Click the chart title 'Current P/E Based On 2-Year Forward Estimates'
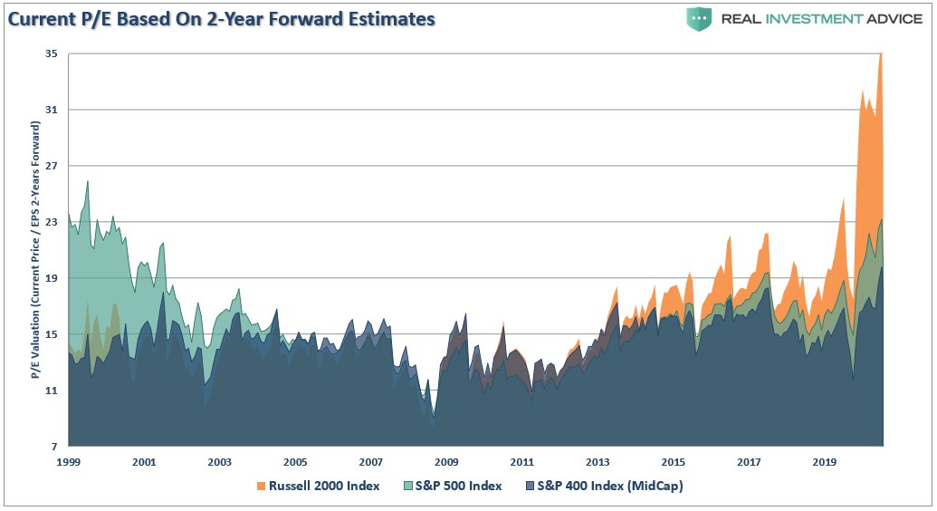(x=221, y=18)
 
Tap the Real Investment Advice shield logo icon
(x=699, y=19)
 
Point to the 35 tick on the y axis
(x=51, y=54)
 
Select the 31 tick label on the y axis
(x=51, y=111)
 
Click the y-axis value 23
(x=51, y=222)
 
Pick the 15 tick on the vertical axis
(x=51, y=334)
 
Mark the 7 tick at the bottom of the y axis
(x=53, y=447)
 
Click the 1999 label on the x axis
(x=69, y=462)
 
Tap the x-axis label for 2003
(x=220, y=462)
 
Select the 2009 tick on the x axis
(x=446, y=462)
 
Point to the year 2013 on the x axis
(x=598, y=462)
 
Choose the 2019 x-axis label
(x=824, y=462)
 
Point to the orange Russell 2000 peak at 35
(x=881, y=56)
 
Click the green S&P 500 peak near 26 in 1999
(x=87, y=182)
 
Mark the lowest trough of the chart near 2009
(x=434, y=416)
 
